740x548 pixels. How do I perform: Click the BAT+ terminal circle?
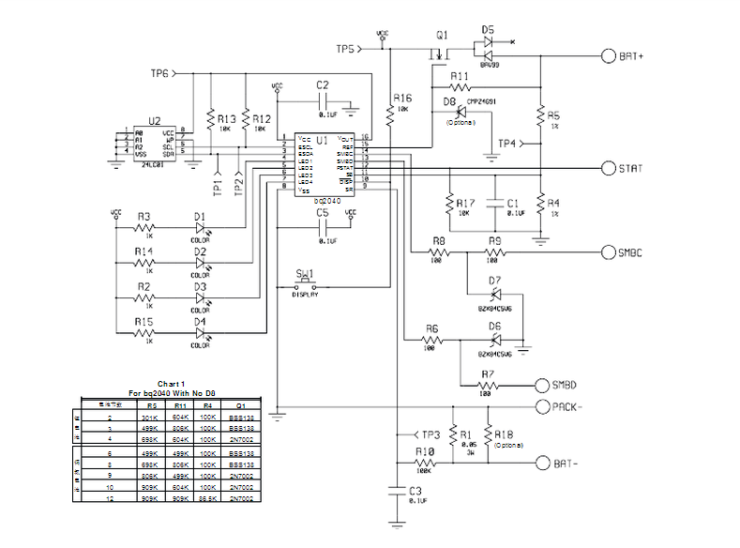tap(608, 55)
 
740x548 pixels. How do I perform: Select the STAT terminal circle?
tap(608, 168)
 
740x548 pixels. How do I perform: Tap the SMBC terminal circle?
tap(608, 253)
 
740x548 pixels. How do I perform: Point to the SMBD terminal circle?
tap(542, 385)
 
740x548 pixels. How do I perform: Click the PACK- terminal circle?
tap(542, 406)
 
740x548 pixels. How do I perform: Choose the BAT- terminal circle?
tap(542, 464)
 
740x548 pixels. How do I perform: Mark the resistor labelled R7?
tap(487, 386)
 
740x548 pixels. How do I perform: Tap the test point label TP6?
tap(160, 73)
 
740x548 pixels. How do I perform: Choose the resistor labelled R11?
tap(459, 88)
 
